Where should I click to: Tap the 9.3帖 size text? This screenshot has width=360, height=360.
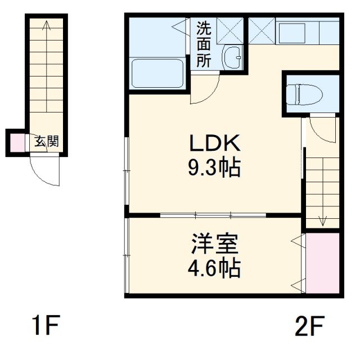tap(214, 167)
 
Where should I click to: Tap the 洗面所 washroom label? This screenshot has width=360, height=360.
tap(204, 44)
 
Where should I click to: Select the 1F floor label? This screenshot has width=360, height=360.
tap(44, 326)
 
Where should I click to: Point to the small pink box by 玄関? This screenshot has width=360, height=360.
tap(16, 143)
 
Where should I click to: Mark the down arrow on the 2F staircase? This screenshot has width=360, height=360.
tap(323, 219)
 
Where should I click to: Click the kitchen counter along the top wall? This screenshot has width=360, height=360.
tap(307, 31)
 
